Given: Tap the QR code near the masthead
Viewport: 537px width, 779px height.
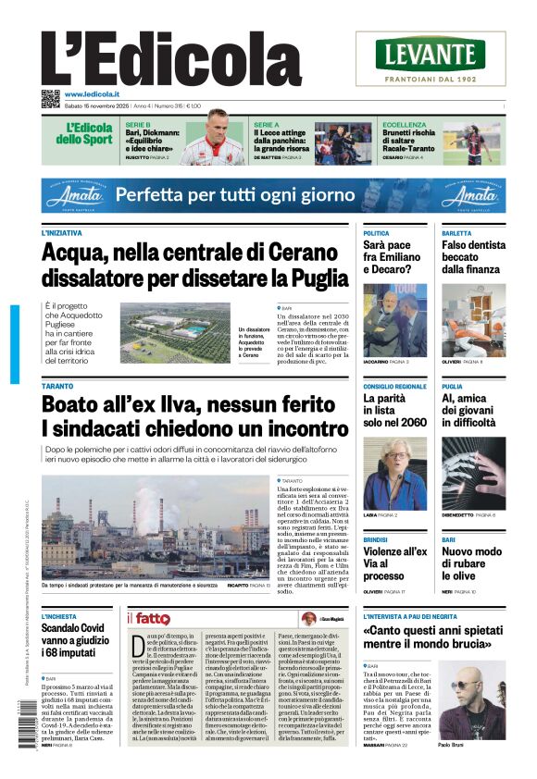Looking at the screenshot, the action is [x=50, y=98].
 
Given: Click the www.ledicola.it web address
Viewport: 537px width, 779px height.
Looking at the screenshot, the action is [x=93, y=95].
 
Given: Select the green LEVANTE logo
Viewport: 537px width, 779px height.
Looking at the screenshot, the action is [x=431, y=55].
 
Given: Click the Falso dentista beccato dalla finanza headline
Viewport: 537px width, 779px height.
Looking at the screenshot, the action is [x=473, y=257].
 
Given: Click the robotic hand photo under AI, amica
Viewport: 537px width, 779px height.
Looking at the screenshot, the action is [x=473, y=472].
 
